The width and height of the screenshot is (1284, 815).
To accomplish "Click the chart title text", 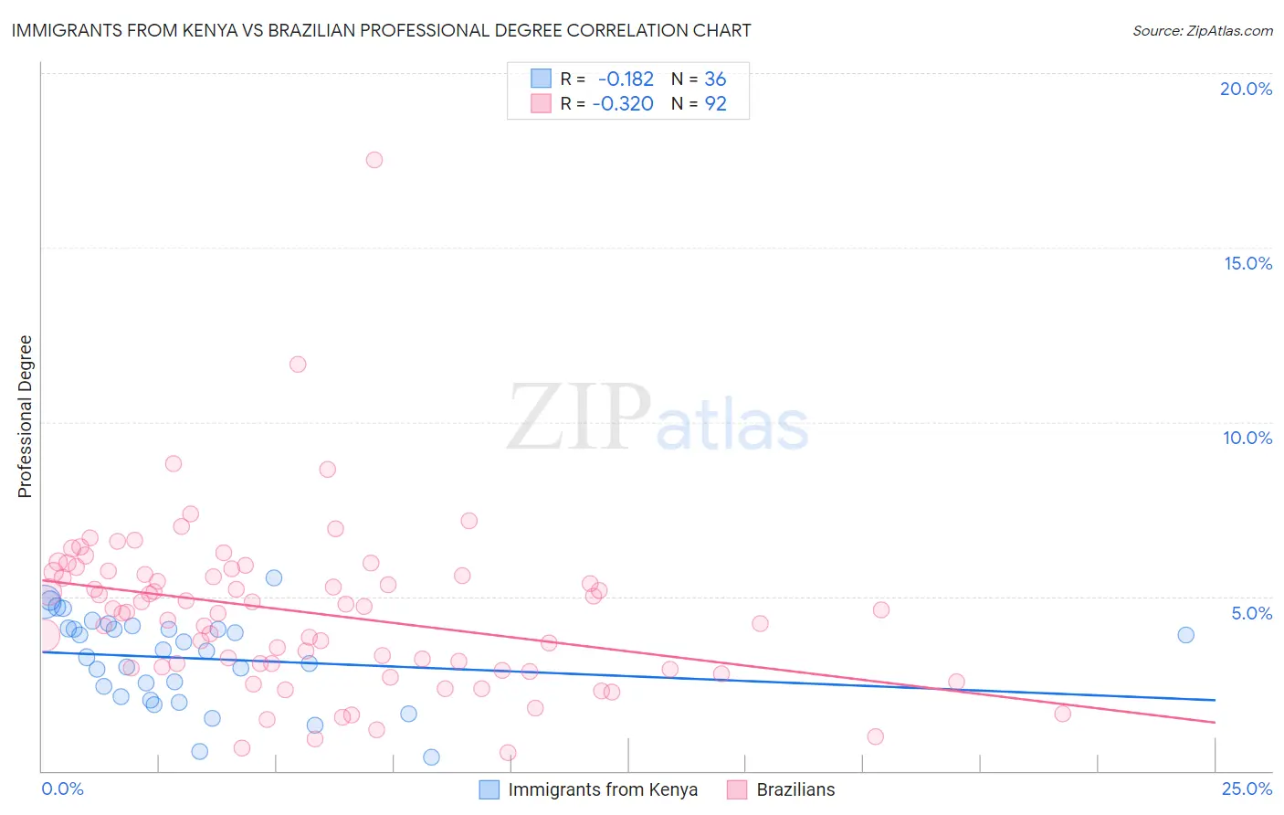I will pos(381,30).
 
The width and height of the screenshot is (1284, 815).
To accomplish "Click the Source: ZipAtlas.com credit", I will pos(1202,30).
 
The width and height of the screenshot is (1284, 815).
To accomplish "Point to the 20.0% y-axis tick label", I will pos(1246,89).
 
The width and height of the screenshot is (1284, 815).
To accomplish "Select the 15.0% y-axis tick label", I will pos(1247,263).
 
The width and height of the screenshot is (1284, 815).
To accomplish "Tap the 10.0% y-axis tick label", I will pos(1247,438).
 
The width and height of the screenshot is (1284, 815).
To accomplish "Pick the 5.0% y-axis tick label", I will pos(1251,613).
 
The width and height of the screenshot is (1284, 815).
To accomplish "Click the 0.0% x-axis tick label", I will pos(62,789).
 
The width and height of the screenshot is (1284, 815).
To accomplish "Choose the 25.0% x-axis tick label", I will pos(1247,789).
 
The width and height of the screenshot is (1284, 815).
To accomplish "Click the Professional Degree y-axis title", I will pos(25,417).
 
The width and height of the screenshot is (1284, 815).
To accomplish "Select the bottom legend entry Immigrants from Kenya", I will pos(603,789).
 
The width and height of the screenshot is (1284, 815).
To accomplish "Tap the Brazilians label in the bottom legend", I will pos(795,789).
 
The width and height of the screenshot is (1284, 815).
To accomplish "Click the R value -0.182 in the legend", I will pos(626,79).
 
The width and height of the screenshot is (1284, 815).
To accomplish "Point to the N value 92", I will pos(715,104).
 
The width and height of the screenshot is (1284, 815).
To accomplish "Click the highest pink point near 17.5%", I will pos(374,160).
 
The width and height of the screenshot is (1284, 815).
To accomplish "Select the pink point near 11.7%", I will pos(298,365).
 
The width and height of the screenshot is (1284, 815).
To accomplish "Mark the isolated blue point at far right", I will pos(1185,635).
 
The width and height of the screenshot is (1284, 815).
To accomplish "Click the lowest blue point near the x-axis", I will pos(431,757).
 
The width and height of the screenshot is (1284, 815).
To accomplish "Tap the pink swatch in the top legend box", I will pos(541,103).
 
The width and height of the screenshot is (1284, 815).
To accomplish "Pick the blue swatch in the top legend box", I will pos(541,79).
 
